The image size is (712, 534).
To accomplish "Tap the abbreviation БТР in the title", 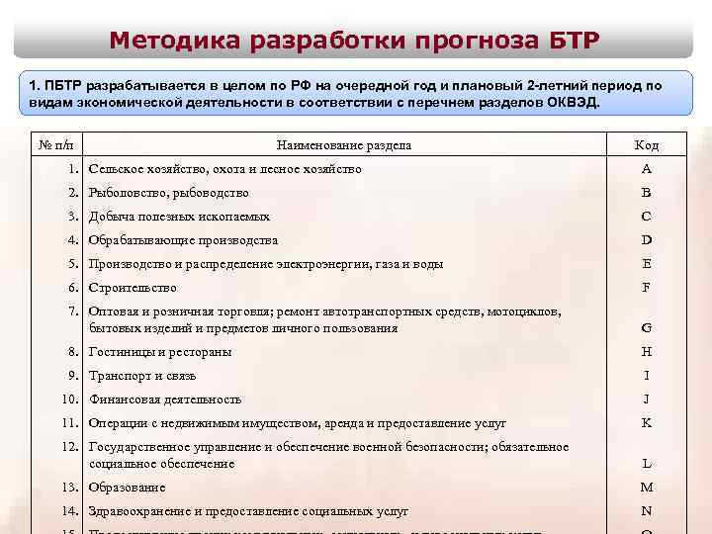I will click(572, 41).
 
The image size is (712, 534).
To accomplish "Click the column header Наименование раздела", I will click(344, 145).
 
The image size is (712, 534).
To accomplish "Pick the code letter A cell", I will click(646, 169).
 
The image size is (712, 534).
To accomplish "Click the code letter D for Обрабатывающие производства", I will click(646, 240).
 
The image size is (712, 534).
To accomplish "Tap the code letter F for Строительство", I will click(646, 288).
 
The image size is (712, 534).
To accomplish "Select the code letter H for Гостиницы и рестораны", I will click(646, 352).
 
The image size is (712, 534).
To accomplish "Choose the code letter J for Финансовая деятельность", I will click(646, 400).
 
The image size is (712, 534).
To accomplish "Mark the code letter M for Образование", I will click(646, 488).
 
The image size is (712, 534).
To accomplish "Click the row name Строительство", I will click(133, 288).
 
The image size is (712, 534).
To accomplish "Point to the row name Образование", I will click(128, 488).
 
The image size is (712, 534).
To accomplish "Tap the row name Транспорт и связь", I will click(142, 376).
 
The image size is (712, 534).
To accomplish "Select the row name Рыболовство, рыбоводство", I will click(168, 193).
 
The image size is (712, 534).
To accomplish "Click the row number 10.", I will click(69, 400).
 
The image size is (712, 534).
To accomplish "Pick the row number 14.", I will click(69, 511).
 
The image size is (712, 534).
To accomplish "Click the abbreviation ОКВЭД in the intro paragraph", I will click(572, 103).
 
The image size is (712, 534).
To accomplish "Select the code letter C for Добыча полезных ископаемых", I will click(646, 217).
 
